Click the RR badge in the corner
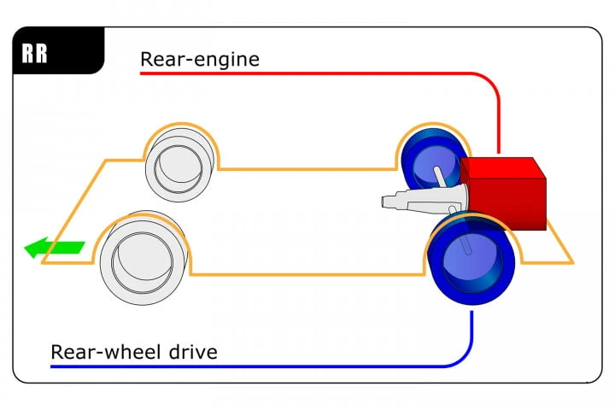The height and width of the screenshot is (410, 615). pyautogui.click(x=35, y=52)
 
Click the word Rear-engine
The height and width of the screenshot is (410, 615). pyautogui.click(x=200, y=60)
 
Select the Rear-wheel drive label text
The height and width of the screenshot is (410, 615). pyautogui.click(x=134, y=351)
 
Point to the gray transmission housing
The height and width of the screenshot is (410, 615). pyautogui.click(x=423, y=202)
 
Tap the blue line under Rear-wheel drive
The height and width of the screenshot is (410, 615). pyautogui.click(x=256, y=366)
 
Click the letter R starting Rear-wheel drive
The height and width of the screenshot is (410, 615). pyautogui.click(x=57, y=351)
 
